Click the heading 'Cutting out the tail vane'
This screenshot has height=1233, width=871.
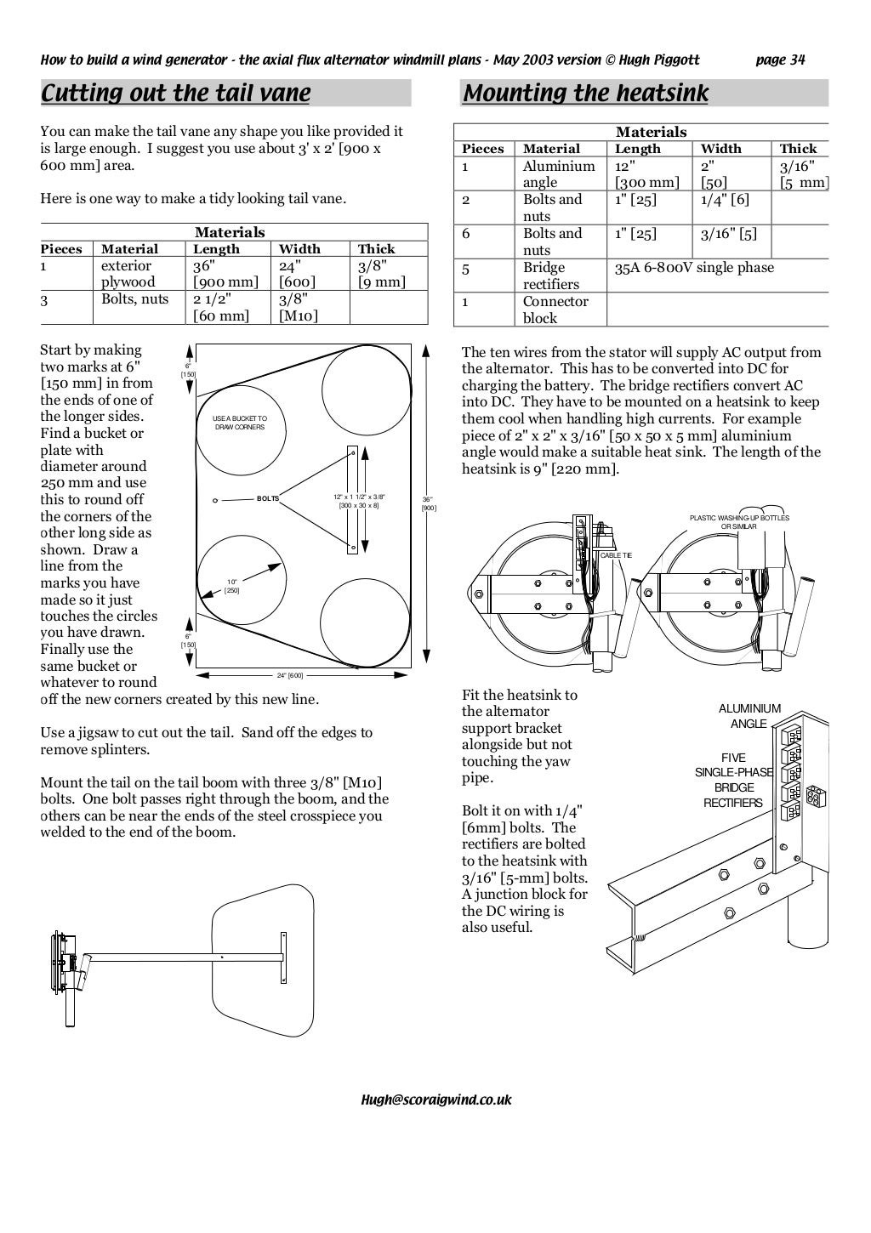pos(176,93)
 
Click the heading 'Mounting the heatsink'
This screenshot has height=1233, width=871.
pos(585,93)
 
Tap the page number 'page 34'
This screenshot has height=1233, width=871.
pos(780,60)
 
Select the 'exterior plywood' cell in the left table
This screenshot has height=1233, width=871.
pos(128,274)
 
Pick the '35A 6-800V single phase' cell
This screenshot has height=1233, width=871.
pos(695,268)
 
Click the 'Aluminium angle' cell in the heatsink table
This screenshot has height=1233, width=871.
pos(558,173)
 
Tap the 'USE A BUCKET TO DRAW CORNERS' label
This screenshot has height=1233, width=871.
pos(240,423)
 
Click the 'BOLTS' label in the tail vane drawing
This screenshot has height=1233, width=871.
pos(268,498)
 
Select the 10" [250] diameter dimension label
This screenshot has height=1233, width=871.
pos(232,586)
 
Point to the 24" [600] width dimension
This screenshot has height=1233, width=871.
pos(290,675)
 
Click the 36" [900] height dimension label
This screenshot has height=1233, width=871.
pos(429,503)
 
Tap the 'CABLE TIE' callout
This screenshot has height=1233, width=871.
pos(616,555)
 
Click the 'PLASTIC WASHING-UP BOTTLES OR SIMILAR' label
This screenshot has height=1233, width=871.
pos(739,522)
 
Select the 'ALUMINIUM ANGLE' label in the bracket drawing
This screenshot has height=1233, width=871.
pos(749,716)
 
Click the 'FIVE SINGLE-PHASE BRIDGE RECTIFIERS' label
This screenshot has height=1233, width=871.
pos(733,780)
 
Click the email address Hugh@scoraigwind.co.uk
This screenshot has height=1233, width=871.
pos(436,1099)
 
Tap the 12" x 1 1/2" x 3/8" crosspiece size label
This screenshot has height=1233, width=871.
pos(359,501)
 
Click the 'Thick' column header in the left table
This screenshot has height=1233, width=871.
pos(376,249)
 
